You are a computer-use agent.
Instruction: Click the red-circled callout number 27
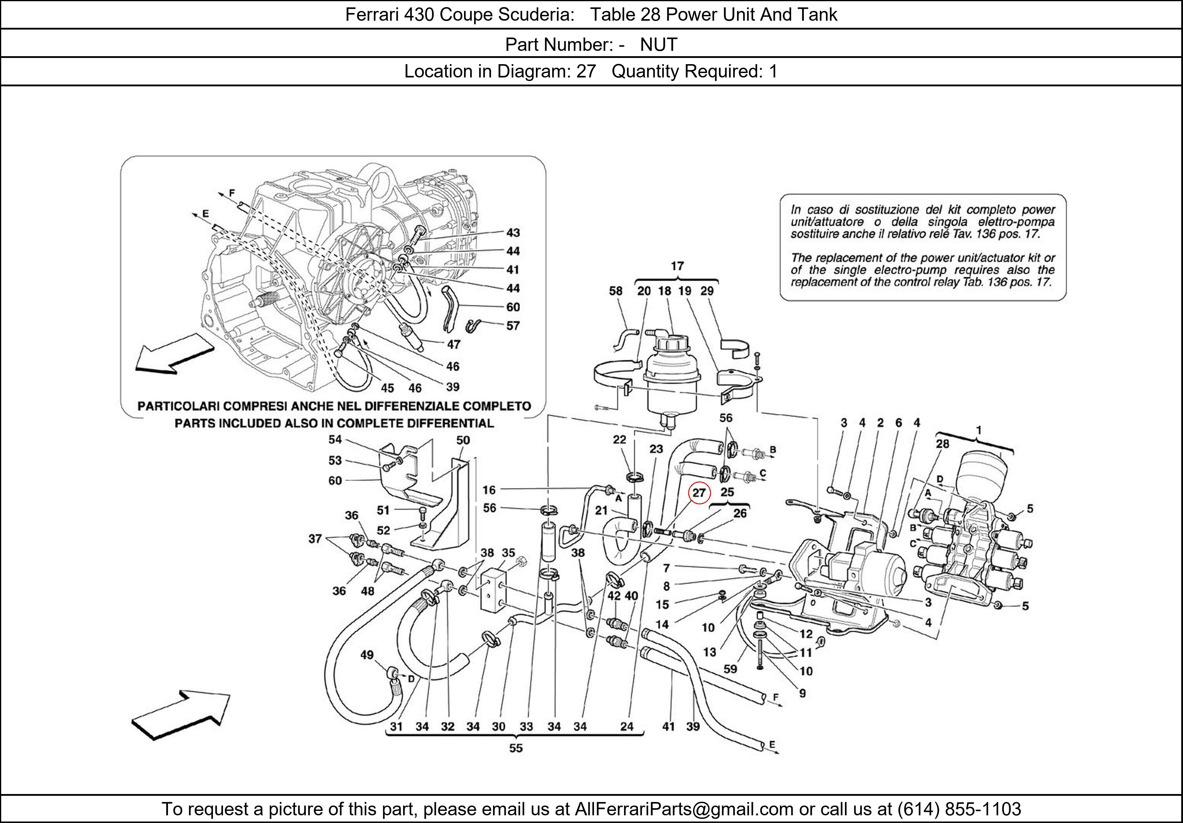coord(699,493)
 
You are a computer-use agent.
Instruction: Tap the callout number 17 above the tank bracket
coord(677,266)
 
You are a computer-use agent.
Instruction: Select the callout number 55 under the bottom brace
coord(516,748)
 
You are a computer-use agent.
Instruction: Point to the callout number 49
coord(367,655)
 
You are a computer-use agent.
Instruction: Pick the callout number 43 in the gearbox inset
coord(513,233)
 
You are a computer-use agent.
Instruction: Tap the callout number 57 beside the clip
coord(513,325)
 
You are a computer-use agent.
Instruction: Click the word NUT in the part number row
coord(658,45)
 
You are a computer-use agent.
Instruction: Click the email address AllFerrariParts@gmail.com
coord(684,809)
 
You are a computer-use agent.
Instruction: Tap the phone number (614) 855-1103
coord(959,809)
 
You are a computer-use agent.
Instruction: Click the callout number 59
coord(730,669)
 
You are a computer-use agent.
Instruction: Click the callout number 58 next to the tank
coord(616,291)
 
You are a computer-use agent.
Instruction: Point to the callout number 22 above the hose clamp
coord(619,439)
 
